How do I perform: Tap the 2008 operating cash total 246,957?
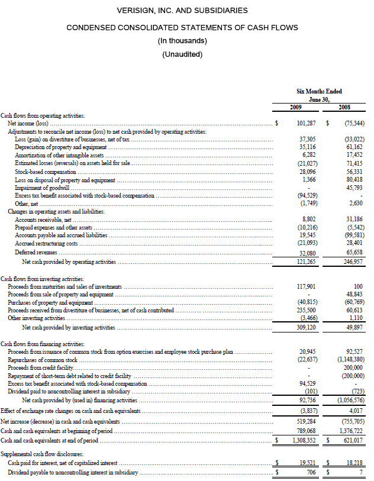tap(353, 261)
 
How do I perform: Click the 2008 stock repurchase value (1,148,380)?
tap(350, 360)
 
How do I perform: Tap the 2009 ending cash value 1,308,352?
tap(304, 441)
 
